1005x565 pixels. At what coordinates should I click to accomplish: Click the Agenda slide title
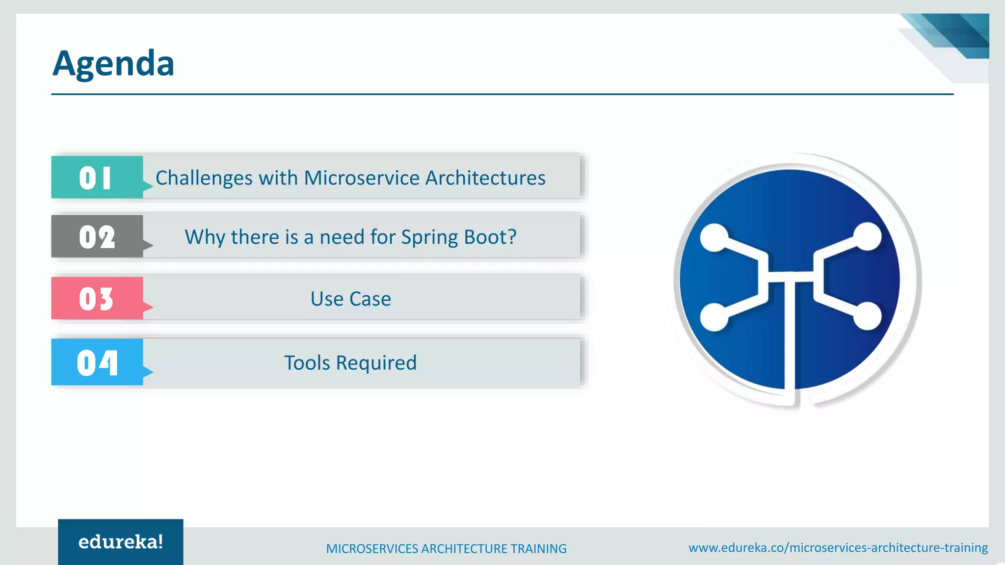(x=113, y=64)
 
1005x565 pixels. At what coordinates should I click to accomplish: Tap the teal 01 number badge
(x=97, y=177)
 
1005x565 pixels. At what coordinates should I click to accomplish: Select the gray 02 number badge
(x=97, y=237)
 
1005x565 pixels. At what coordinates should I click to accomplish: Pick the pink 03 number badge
(x=97, y=298)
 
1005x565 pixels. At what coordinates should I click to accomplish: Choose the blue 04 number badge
(x=97, y=362)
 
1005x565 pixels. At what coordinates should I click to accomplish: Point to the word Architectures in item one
(x=485, y=178)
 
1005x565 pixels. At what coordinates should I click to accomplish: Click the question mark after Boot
(x=512, y=236)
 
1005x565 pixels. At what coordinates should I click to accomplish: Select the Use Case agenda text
(x=350, y=299)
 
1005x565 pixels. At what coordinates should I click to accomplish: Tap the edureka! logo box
(x=121, y=542)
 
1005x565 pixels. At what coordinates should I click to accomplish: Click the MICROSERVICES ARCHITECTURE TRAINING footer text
(x=446, y=548)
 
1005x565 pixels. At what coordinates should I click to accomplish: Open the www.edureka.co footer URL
(x=838, y=547)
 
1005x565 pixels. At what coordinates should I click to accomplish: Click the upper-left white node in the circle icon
(x=714, y=237)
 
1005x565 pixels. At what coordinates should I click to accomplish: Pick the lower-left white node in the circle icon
(x=714, y=317)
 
